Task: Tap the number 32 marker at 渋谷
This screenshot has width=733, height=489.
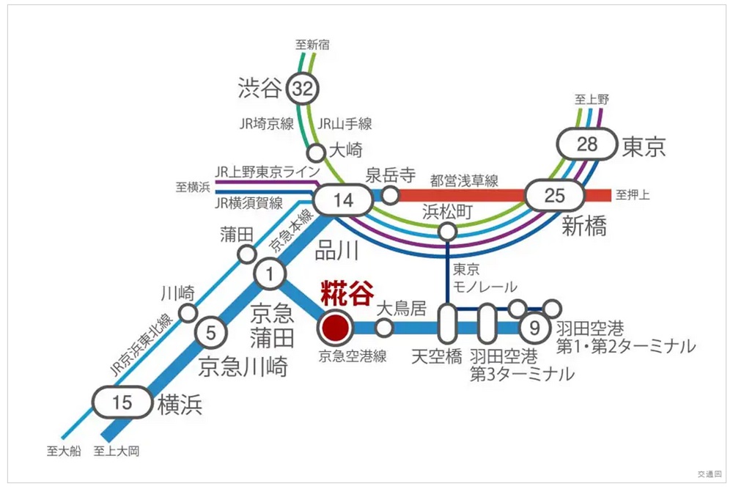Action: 303,89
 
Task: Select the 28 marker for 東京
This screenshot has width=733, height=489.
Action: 588,144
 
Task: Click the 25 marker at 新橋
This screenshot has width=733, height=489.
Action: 556,196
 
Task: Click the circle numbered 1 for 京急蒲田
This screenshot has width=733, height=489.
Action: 270,275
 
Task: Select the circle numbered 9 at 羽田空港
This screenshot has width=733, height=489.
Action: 534,328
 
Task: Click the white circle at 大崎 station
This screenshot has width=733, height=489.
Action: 316,152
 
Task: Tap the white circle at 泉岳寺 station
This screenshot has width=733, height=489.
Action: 391,196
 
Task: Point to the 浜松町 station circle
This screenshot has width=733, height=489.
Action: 446,232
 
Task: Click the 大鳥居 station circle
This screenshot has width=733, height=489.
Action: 384,328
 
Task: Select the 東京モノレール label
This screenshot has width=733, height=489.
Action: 474,277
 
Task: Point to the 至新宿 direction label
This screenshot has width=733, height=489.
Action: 312,45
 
